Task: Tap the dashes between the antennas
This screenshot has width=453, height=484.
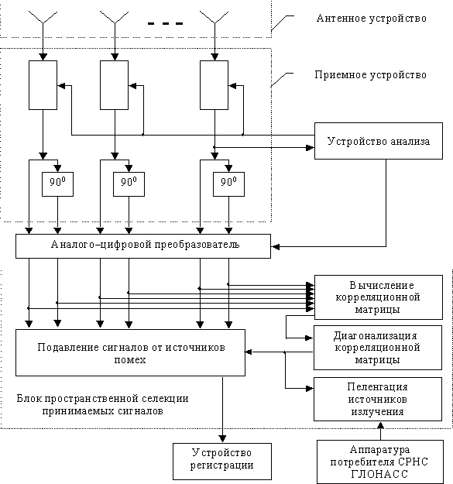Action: click(x=166, y=23)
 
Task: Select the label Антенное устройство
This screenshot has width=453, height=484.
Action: click(x=371, y=19)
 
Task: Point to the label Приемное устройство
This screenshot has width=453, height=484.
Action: click(x=370, y=75)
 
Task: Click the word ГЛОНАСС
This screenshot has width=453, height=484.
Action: click(x=379, y=473)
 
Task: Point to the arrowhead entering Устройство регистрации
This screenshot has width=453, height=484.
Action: click(x=222, y=439)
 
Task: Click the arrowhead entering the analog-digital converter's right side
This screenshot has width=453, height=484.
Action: click(x=275, y=246)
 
